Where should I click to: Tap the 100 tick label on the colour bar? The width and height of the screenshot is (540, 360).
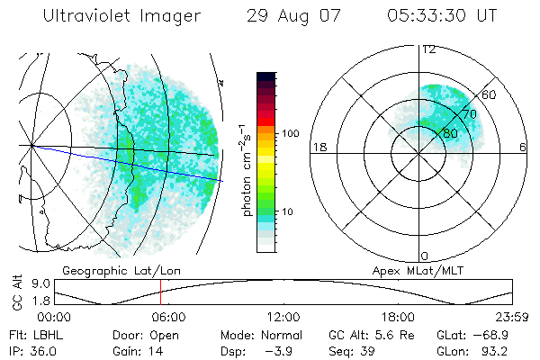tap(289, 133)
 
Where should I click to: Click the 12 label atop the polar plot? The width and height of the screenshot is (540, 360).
tap(428, 49)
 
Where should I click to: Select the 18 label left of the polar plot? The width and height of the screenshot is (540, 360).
tap(318, 147)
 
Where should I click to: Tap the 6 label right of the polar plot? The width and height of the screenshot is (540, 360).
tap(523, 147)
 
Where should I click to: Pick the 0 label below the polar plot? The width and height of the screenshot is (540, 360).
tap(425, 256)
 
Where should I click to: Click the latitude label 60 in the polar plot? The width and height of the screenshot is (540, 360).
tap(490, 94)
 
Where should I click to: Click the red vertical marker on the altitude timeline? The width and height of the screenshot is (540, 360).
tap(160, 292)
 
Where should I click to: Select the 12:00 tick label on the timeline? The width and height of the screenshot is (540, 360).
tap(283, 316)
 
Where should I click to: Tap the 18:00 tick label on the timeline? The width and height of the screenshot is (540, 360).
tap(398, 316)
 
